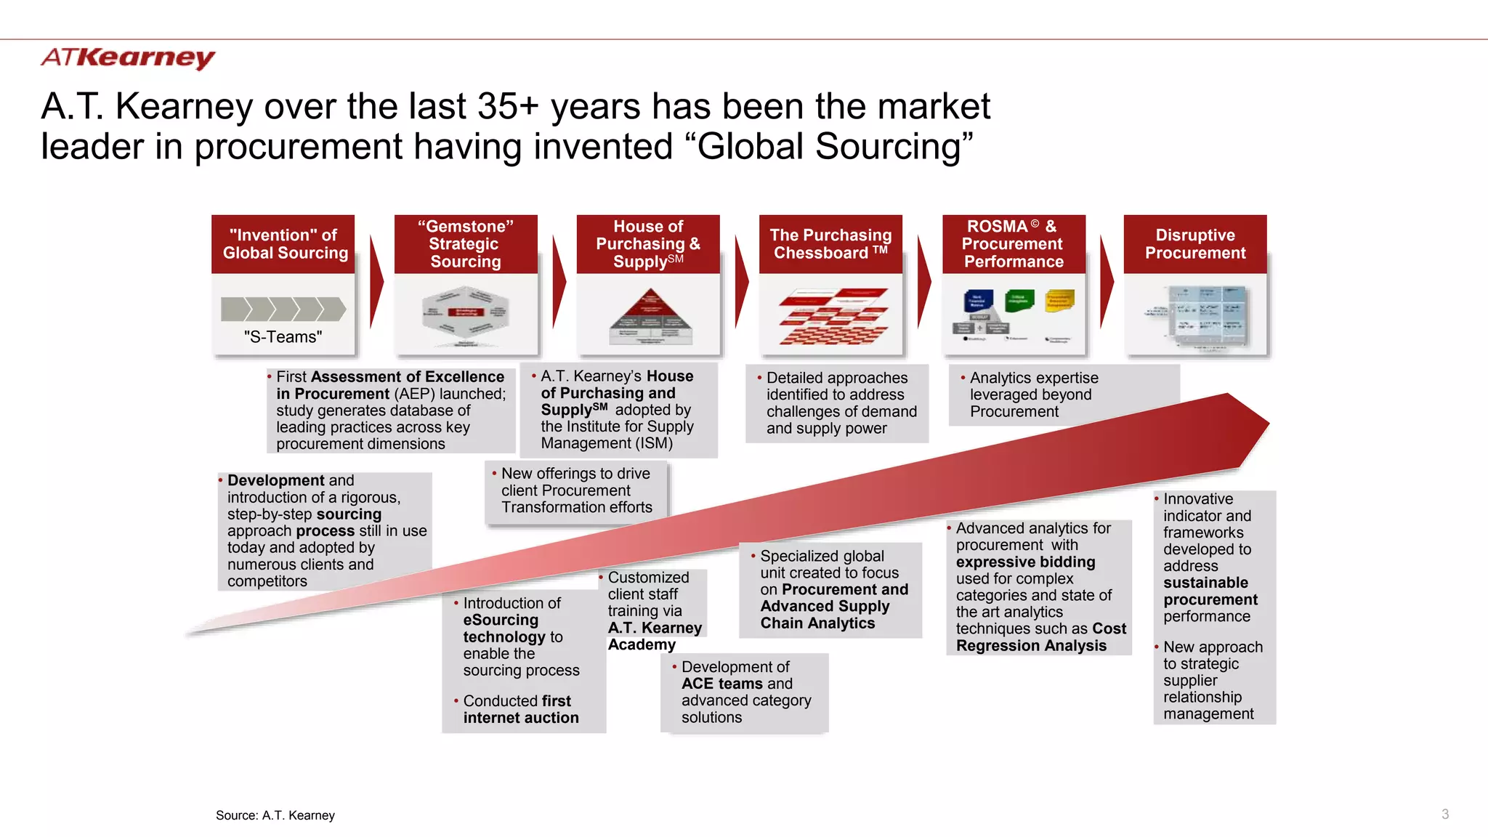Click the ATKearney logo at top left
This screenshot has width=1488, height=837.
click(x=128, y=57)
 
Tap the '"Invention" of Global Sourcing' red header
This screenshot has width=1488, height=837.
click(x=284, y=244)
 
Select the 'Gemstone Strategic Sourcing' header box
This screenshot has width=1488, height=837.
click(x=466, y=244)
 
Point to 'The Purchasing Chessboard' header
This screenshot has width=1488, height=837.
click(x=830, y=244)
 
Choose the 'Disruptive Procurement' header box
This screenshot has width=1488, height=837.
click(x=1195, y=244)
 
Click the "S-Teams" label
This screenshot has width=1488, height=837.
click(x=283, y=337)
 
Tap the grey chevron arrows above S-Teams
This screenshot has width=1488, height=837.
click(x=283, y=309)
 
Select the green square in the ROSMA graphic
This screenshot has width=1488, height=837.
click(x=1019, y=299)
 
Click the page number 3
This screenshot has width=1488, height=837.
click(x=1445, y=814)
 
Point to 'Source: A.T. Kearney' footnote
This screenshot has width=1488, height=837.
click(x=275, y=815)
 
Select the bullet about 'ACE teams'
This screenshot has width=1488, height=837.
click(x=745, y=692)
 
